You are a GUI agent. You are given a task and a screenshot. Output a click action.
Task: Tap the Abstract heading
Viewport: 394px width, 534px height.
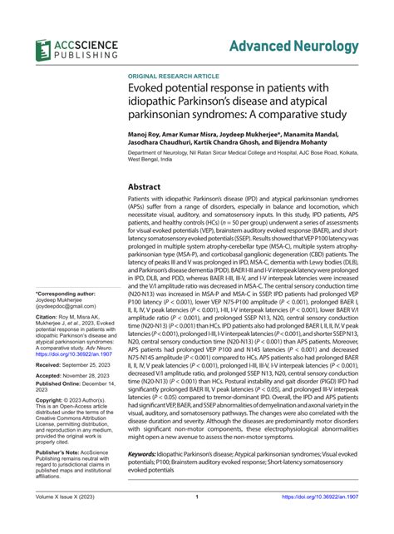point(149,187)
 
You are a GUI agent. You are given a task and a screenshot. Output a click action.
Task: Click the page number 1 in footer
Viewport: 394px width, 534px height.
point(196,521)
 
